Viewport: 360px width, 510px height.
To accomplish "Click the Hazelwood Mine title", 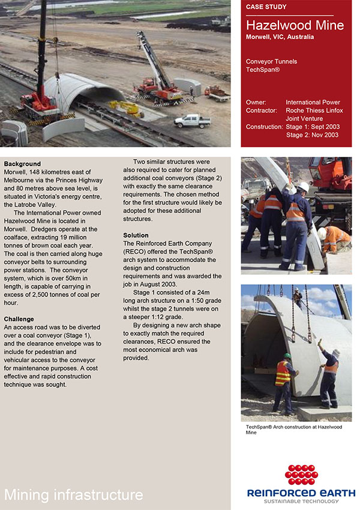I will pyautogui.click(x=295, y=25).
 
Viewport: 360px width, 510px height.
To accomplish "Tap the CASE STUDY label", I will pyautogui.click(x=266, y=7).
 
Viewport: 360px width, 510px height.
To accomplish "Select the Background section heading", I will pyautogui.click(x=22, y=164).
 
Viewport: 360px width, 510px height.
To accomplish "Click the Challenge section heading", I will pyautogui.click(x=19, y=319).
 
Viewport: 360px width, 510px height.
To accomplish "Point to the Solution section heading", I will pyautogui.click(x=136, y=235).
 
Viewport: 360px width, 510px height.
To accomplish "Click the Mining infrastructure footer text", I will pyautogui.click(x=73, y=494).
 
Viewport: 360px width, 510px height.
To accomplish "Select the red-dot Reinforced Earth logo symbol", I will pyautogui.click(x=301, y=475).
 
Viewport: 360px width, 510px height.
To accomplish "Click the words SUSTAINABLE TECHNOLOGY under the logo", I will pyautogui.click(x=301, y=502).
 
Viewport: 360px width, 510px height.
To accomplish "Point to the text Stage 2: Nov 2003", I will pyautogui.click(x=312, y=135).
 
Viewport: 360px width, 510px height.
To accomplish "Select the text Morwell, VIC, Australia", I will pyautogui.click(x=280, y=37).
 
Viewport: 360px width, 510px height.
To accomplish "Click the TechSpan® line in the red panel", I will pyautogui.click(x=263, y=70).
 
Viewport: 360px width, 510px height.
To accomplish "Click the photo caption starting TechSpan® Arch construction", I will pyautogui.click(x=293, y=429).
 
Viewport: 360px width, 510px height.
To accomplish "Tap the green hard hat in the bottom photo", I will pyautogui.click(x=287, y=355).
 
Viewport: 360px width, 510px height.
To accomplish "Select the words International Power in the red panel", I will pyautogui.click(x=313, y=103).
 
